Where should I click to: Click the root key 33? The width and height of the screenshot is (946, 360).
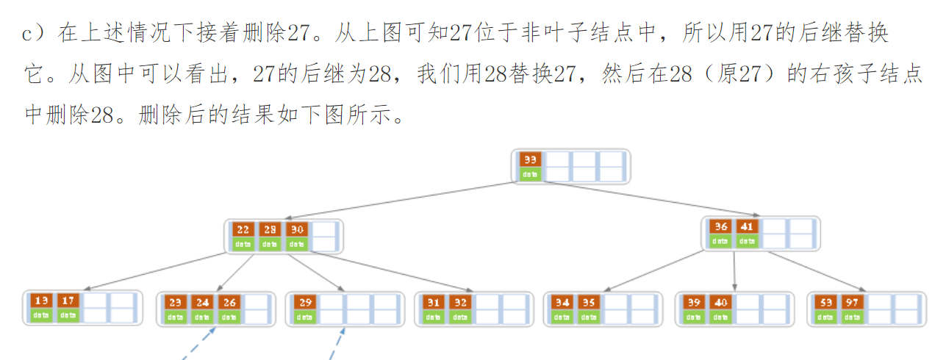[530, 159]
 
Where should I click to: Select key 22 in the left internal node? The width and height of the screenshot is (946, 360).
[243, 229]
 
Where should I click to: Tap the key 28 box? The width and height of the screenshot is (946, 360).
[270, 229]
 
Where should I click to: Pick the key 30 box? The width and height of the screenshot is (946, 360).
[296, 229]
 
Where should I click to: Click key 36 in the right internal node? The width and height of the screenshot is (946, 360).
[720, 226]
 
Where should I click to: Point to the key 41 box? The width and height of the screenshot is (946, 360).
[747, 226]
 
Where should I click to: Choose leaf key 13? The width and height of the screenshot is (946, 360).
[42, 300]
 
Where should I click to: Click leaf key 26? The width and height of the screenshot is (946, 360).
[229, 301]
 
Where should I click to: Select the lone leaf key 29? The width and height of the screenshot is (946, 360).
[306, 301]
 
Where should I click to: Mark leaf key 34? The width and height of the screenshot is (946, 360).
[562, 301]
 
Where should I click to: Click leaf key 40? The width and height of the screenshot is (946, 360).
[720, 301]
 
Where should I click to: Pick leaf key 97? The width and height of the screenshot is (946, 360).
[852, 301]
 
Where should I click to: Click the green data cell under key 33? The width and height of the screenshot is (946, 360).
[530, 174]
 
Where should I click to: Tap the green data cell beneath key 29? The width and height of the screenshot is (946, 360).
[306, 317]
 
